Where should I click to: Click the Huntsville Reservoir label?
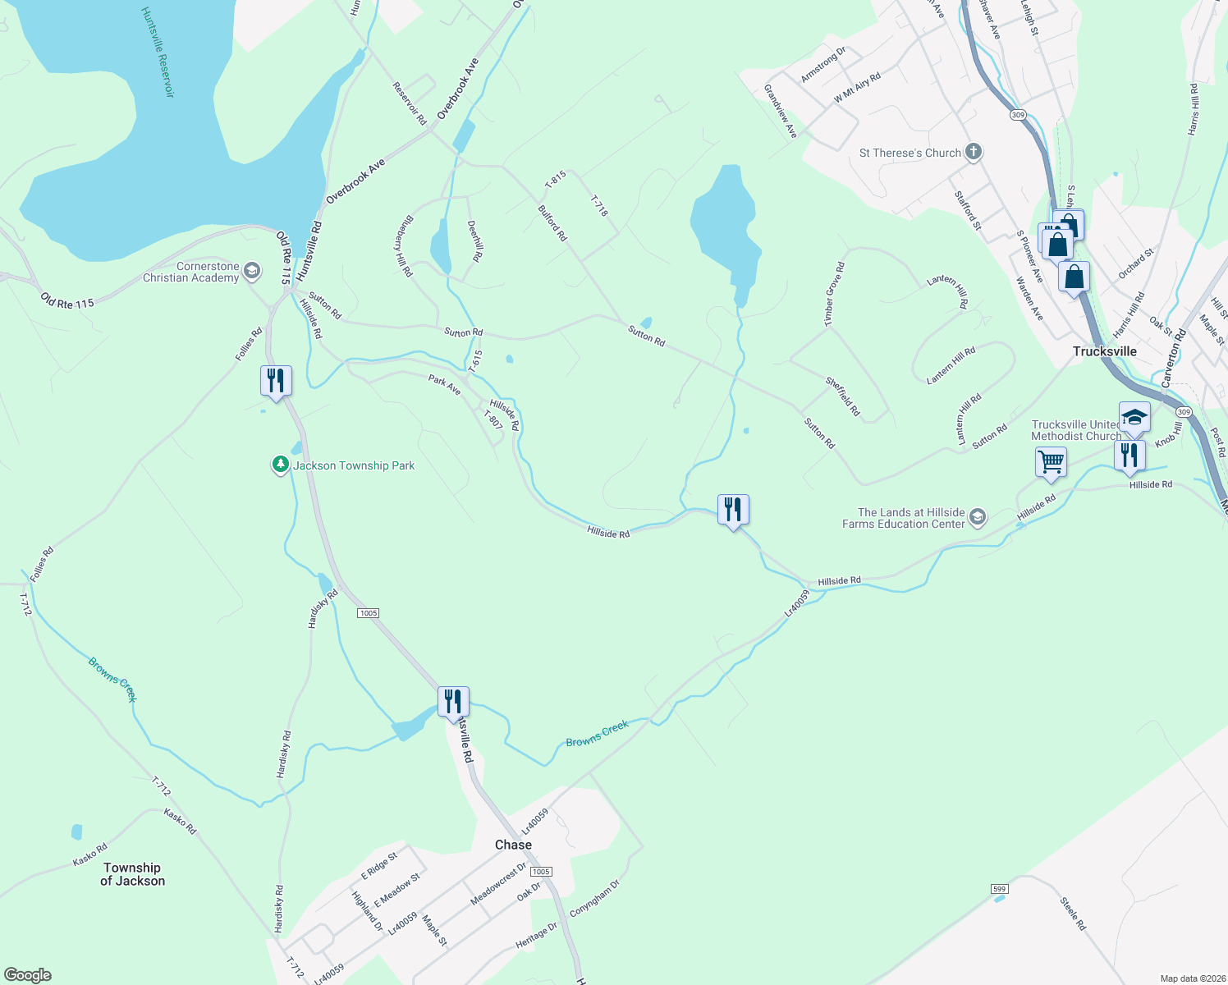158,53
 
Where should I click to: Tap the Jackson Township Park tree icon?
281,465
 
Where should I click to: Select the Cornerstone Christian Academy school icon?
252,271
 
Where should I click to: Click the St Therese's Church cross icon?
973,152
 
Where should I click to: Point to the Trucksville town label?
1104,351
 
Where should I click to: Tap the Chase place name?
513,845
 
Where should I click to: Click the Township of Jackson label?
132,874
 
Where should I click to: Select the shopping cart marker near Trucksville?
1051,461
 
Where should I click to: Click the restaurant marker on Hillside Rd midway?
733,510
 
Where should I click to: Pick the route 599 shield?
999,889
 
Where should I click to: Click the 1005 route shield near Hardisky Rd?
368,613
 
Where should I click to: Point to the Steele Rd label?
1073,914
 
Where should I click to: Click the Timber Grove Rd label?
834,295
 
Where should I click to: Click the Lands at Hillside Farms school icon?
977,517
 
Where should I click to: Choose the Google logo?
28,975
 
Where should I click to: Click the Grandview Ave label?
781,111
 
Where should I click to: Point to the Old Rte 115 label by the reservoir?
67,302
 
